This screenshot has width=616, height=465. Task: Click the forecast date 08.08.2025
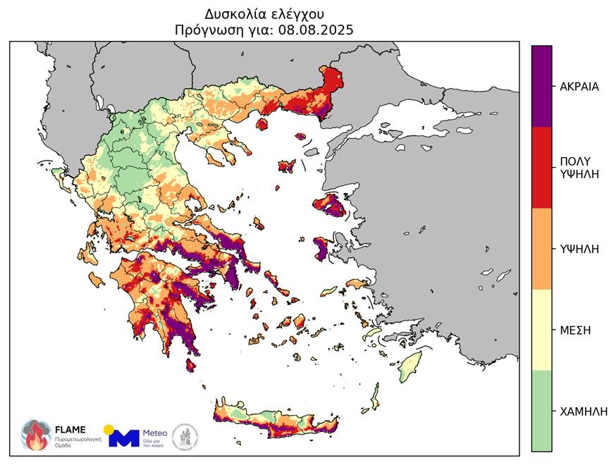point(316,30)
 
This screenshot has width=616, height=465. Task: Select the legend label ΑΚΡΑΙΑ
point(579,87)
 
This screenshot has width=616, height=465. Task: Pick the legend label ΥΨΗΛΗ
point(579,248)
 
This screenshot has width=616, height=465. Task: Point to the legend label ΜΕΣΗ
point(575,330)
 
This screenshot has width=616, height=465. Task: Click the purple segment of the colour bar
point(541,86)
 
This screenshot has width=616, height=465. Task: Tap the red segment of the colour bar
point(541,167)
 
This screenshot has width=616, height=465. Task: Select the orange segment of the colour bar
point(541,248)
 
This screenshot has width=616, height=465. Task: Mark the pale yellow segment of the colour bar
point(541,330)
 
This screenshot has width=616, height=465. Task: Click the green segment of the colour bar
point(541,411)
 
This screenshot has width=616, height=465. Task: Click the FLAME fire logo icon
point(35,435)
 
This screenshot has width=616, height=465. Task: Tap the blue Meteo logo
point(124,438)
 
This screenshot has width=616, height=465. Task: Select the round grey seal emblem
point(185,436)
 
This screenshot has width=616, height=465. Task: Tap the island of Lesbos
point(330,206)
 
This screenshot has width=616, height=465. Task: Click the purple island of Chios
point(321,248)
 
